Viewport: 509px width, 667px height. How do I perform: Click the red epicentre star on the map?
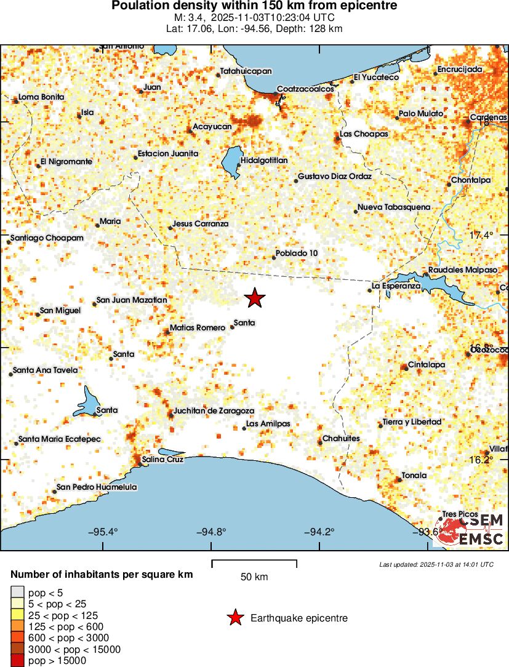click(x=255, y=298)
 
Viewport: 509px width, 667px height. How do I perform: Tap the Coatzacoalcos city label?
click(x=305, y=89)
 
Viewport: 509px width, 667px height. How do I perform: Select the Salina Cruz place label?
click(x=162, y=459)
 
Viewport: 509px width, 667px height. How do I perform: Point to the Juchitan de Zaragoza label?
click(x=214, y=410)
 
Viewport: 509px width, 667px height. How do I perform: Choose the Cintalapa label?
click(x=426, y=365)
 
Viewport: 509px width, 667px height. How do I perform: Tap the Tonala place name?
click(x=414, y=476)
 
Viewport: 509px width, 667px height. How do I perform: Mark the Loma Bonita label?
click(x=41, y=97)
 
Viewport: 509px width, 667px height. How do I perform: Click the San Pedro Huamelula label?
click(x=96, y=487)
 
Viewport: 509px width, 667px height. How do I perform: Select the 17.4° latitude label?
click(x=481, y=236)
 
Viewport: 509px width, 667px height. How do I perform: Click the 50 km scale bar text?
click(x=254, y=577)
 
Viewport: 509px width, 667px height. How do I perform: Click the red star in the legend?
click(x=234, y=618)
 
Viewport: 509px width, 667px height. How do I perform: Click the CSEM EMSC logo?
click(x=471, y=530)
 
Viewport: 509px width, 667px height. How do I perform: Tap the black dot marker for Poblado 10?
click(x=274, y=257)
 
